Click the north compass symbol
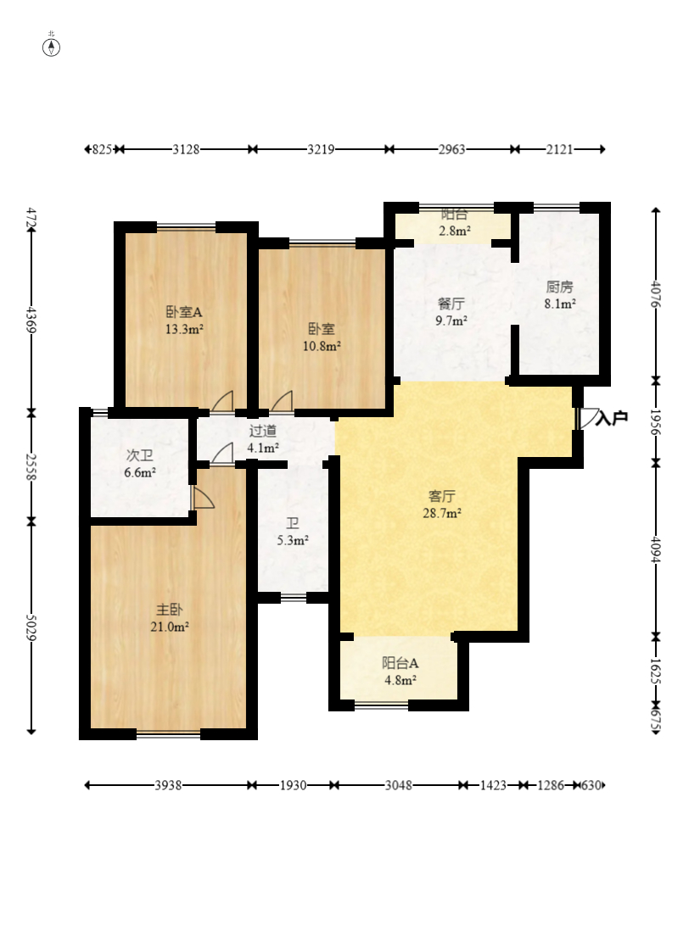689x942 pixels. point(52,47)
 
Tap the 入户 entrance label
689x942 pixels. point(612,417)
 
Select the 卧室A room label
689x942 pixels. point(184,312)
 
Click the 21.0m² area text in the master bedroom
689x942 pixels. point(170,627)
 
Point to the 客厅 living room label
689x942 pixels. point(441,496)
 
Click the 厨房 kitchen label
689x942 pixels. point(559,287)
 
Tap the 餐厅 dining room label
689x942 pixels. point(451,304)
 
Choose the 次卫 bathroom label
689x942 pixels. point(139,455)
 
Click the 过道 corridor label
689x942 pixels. point(263,431)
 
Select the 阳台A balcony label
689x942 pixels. point(400,663)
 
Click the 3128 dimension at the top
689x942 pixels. point(186,149)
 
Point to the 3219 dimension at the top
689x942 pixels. point(321,149)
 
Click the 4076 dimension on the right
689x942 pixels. point(655,294)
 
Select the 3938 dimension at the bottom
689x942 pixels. point(168,785)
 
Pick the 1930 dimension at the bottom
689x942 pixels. point(293,785)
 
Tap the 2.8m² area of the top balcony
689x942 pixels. point(454,231)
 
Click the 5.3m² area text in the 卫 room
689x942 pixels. point(293,540)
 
